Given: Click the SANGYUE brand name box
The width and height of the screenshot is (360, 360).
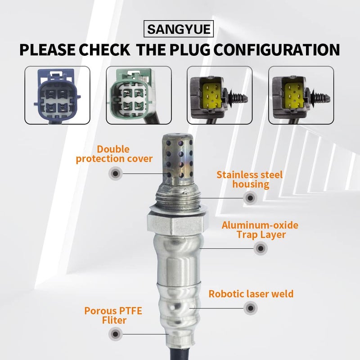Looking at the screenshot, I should [x=180, y=30].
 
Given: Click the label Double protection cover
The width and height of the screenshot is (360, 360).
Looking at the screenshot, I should [x=114, y=153].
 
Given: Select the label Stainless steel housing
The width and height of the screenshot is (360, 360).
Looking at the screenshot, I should [x=249, y=179].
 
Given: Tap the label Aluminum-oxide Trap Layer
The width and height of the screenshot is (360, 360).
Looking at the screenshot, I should [x=260, y=229].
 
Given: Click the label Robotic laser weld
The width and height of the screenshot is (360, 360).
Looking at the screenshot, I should [x=251, y=294].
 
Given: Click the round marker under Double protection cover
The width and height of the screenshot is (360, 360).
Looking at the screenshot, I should [x=115, y=173].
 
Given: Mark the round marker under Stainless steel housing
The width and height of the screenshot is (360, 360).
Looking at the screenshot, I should [x=250, y=197].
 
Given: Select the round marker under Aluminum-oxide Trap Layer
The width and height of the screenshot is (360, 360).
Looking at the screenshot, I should [x=260, y=248].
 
